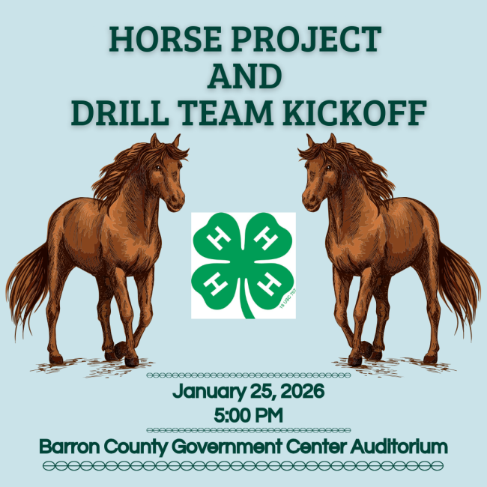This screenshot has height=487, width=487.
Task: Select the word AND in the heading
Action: (244, 76)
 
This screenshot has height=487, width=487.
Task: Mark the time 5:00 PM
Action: (243, 413)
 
